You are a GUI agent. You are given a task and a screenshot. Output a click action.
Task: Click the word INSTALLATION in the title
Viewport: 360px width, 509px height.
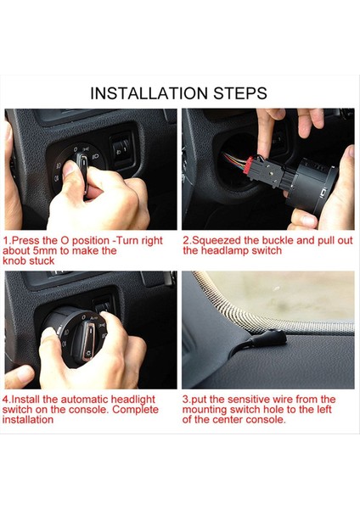pyautogui.click(x=149, y=93)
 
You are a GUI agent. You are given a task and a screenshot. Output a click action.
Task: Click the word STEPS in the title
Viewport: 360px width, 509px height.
pyautogui.click(x=240, y=93)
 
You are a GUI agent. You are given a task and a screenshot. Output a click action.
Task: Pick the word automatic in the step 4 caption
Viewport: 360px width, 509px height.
pyautogui.click(x=84, y=400)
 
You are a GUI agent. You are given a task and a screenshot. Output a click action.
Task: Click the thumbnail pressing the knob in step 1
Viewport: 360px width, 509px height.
pyautogui.click(x=70, y=169)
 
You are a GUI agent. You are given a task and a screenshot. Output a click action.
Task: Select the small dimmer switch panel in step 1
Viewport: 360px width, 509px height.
pyautogui.click(x=122, y=149)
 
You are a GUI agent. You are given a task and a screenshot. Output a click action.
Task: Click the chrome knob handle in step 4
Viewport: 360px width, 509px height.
pyautogui.click(x=87, y=340)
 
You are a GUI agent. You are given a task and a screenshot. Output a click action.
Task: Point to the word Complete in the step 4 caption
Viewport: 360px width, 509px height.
pyautogui.click(x=136, y=410)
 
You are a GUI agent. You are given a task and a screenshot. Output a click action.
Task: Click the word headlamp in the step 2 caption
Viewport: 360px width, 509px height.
pyautogui.click(x=222, y=250)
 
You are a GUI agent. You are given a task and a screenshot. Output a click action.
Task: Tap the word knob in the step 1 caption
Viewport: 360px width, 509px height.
pyautogui.click(x=14, y=260)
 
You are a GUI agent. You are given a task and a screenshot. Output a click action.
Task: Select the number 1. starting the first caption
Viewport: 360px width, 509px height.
pyautogui.click(x=7, y=241)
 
